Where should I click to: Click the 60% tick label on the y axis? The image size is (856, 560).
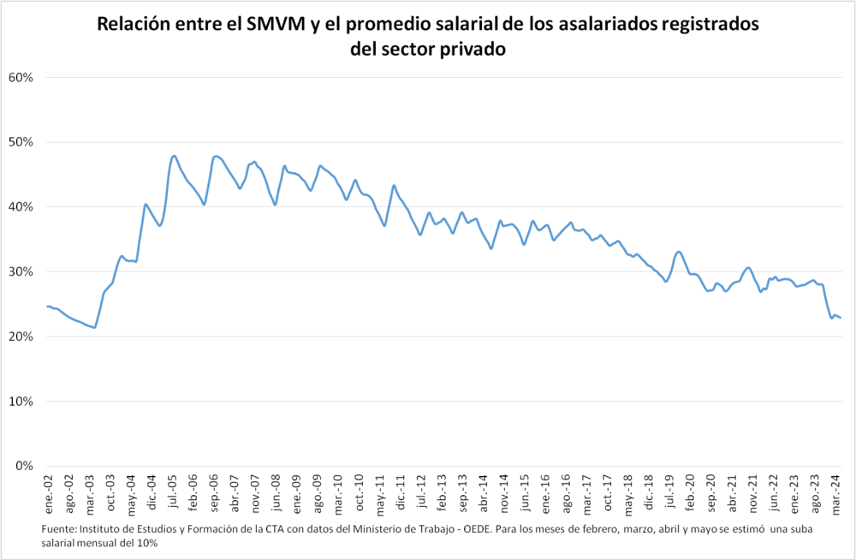click(21, 77)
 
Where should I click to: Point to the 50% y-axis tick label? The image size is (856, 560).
click(21, 142)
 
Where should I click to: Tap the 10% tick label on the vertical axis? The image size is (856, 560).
click(21, 402)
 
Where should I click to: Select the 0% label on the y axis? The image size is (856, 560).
click(24, 467)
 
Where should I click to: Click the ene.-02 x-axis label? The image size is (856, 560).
click(48, 492)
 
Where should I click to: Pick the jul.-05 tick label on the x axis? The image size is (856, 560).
click(173, 492)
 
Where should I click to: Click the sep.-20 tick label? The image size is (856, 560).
click(711, 492)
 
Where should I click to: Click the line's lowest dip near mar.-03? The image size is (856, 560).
click(94, 327)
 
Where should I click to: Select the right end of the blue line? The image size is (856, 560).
click(841, 318)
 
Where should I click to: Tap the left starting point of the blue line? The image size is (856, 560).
click(47, 306)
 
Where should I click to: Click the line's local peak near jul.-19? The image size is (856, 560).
click(679, 252)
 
